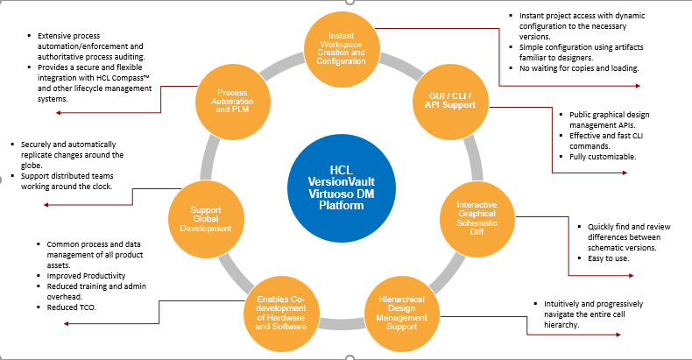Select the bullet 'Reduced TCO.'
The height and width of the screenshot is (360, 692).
pos(74,308)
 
